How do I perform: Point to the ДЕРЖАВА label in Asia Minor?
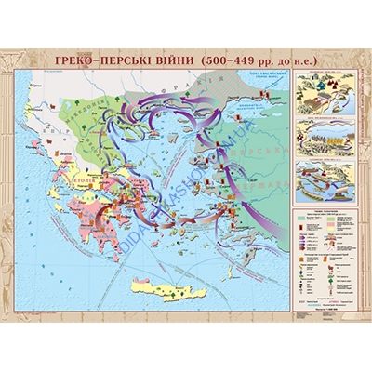[x=270, y=177]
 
